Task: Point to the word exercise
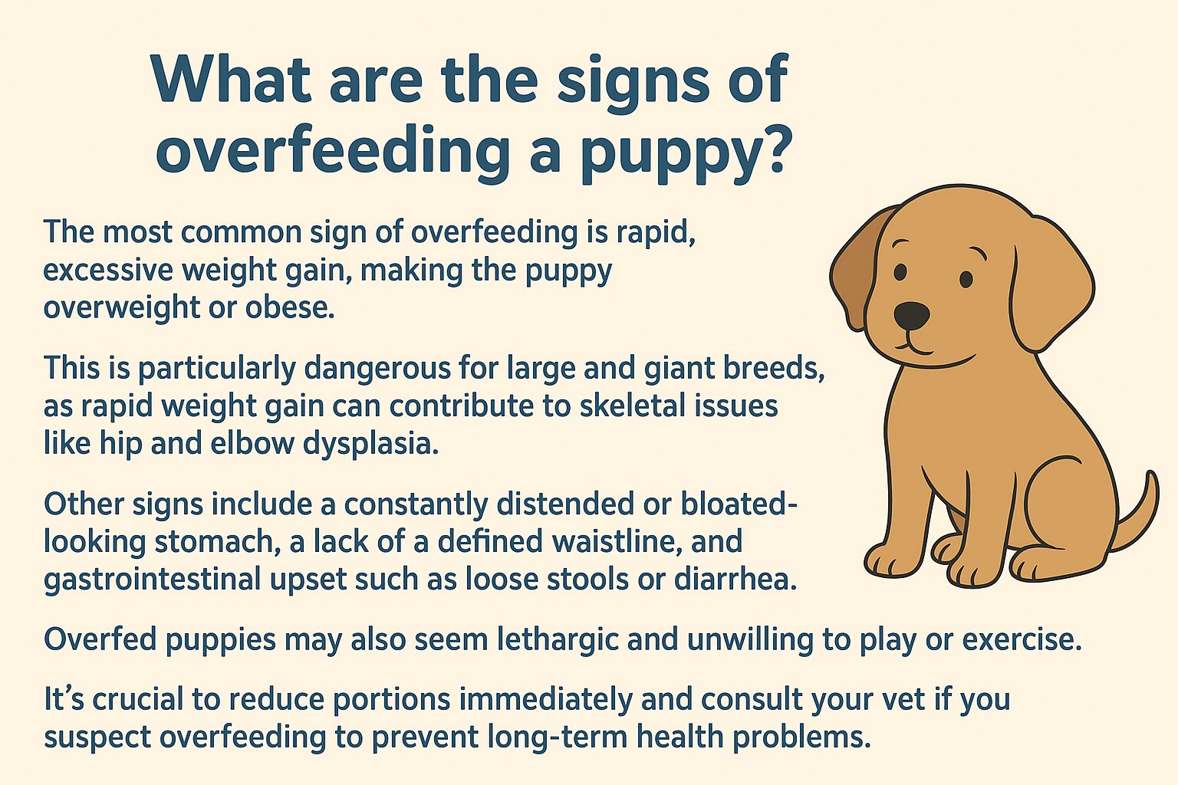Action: point(1021,639)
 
